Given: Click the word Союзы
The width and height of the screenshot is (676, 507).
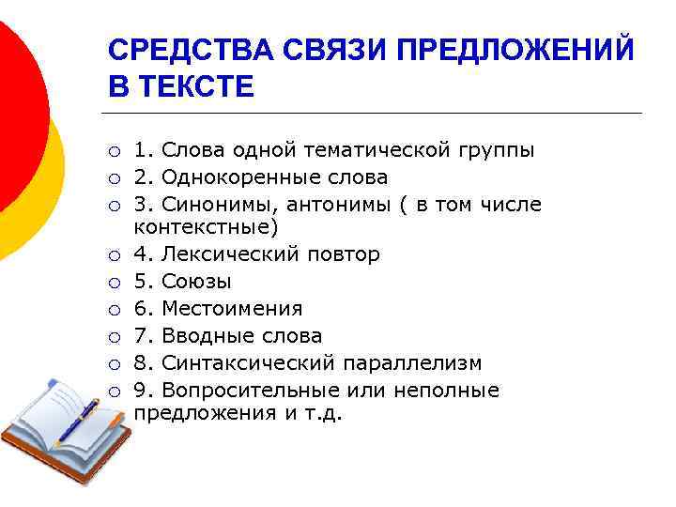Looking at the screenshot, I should click(196, 282).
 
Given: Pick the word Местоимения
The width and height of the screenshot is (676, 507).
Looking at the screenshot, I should click(232, 309).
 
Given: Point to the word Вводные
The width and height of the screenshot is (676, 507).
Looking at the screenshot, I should click(200, 335).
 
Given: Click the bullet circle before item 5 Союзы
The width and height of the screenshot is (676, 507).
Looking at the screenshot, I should click(113, 283).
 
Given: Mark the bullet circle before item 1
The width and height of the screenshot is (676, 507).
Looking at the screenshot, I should click(113, 151).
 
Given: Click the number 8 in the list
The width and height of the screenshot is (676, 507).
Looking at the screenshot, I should click(140, 362).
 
